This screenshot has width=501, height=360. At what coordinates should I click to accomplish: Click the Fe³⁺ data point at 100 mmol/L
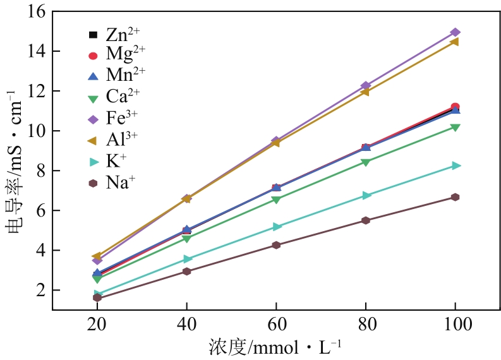(455, 32)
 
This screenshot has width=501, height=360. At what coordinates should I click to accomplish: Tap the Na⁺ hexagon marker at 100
(455, 197)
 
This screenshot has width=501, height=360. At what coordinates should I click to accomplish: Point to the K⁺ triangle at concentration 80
(366, 195)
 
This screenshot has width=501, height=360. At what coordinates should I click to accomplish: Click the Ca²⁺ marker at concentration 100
(455, 128)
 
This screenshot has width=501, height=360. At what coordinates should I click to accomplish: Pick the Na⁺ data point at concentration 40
(187, 272)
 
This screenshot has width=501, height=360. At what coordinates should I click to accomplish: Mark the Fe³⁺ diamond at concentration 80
(366, 86)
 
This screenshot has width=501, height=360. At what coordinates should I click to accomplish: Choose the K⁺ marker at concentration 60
(277, 226)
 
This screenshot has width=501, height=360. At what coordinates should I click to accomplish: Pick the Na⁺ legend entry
(114, 183)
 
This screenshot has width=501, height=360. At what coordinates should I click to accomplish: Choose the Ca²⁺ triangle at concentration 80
(366, 162)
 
